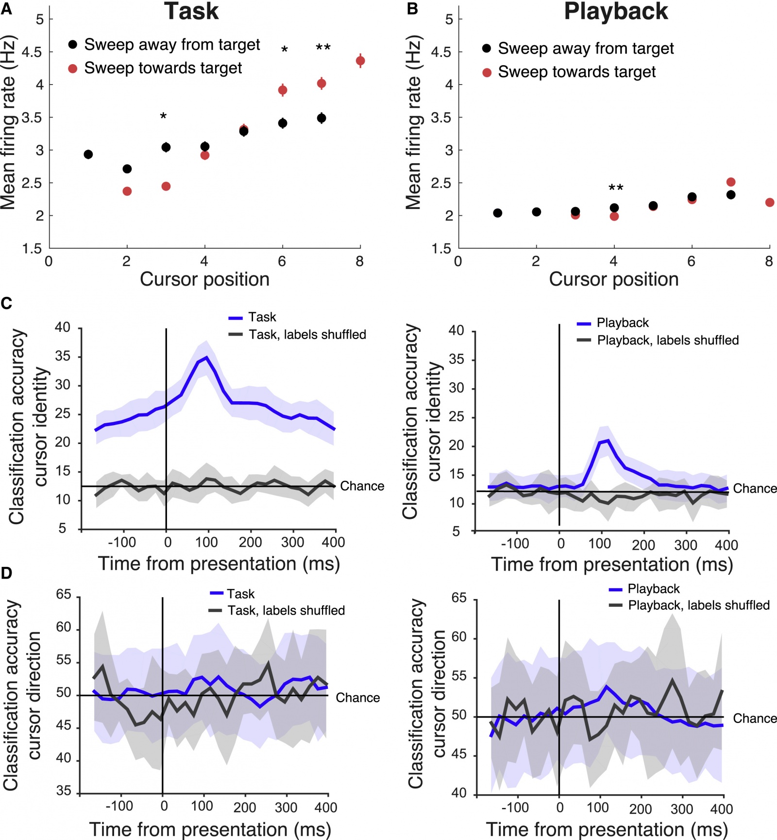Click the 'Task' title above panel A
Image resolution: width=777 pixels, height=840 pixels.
191,12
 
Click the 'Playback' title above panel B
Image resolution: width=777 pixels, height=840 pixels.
615,12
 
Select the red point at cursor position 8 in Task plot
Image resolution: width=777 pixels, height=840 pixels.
360,61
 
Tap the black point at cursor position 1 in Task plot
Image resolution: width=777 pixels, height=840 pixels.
88,154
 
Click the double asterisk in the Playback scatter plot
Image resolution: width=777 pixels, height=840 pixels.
616,188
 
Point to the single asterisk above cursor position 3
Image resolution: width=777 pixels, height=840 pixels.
164,116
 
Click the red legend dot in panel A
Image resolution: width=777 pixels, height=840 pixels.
73,69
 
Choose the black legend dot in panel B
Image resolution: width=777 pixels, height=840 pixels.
487,48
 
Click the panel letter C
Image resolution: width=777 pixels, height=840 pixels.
6,304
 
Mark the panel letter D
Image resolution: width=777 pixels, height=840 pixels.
6,573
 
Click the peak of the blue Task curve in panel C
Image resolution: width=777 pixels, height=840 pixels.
206,358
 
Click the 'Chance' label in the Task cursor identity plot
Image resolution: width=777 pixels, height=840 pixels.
362,486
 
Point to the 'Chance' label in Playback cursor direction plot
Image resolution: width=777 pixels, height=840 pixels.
755,719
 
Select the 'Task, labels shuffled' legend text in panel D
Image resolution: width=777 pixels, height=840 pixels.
287,610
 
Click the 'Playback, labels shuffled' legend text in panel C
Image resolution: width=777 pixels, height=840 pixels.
668,340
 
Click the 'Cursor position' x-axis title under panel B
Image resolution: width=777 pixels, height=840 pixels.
614,279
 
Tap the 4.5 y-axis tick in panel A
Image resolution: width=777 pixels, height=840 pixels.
32,52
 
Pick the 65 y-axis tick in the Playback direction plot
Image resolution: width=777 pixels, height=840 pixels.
459,598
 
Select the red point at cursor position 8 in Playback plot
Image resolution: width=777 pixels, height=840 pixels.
770,203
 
